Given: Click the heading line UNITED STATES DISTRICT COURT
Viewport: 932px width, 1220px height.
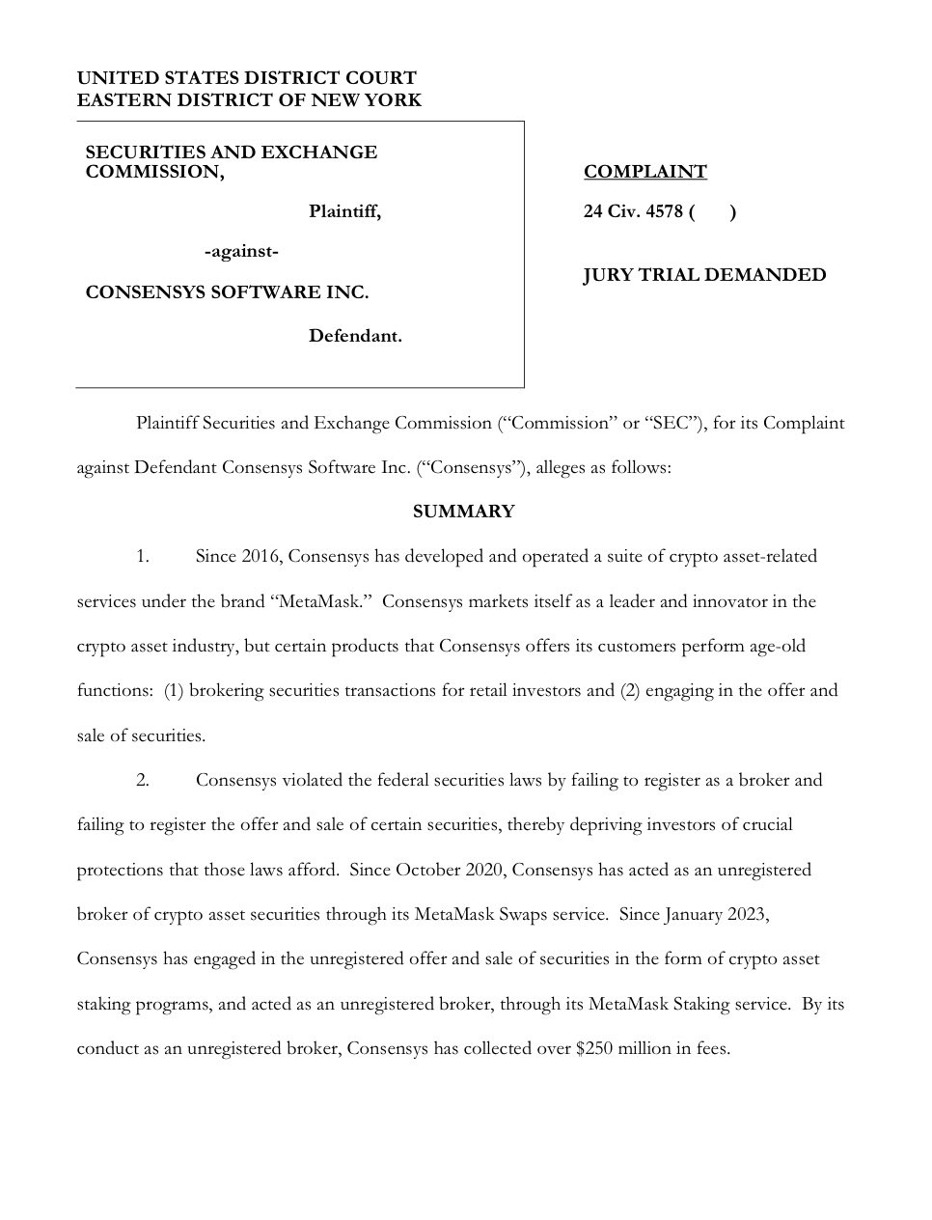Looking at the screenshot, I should tap(246, 78).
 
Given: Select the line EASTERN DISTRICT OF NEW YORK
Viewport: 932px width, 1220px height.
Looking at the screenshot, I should tap(249, 100).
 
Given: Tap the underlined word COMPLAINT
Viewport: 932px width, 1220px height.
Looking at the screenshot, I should tap(644, 172).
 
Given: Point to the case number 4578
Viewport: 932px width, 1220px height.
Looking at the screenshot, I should tap(664, 212).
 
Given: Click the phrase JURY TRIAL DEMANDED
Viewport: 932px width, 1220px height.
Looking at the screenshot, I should tap(704, 275).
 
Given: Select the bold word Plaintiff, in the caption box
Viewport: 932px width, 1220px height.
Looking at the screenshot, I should tap(344, 212).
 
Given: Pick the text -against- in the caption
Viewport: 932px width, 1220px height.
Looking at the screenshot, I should tap(242, 252).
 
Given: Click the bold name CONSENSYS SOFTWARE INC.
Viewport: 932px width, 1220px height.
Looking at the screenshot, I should tap(227, 292).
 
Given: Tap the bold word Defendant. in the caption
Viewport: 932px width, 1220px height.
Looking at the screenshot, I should tap(355, 337).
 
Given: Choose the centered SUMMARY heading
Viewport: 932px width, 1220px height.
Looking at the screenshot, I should tap(463, 512).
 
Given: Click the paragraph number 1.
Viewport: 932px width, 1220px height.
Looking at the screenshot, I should tap(142, 557).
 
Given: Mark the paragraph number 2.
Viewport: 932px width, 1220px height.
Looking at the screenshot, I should tap(142, 780).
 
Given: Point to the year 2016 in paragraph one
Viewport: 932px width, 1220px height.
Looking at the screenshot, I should tap(261, 557).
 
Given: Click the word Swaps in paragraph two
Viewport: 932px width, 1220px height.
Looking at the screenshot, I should tap(521, 914).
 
